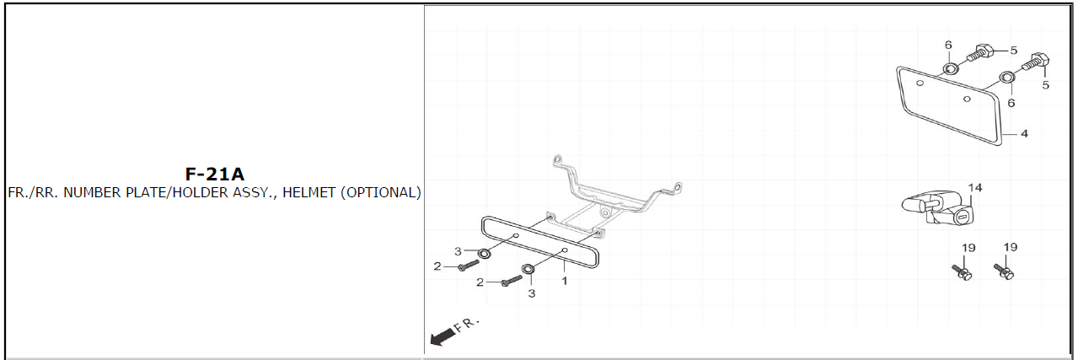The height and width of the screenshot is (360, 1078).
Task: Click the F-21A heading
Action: click(x=215, y=175)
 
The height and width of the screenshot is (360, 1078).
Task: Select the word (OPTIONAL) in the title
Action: click(x=381, y=193)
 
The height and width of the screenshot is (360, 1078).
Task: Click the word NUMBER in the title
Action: click(x=92, y=192)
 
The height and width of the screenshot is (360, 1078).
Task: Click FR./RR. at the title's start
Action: click(x=33, y=192)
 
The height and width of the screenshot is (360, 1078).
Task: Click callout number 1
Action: click(x=565, y=281)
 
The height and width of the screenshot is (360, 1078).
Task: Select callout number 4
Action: click(x=1024, y=133)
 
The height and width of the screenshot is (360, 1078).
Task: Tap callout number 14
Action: click(x=975, y=187)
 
